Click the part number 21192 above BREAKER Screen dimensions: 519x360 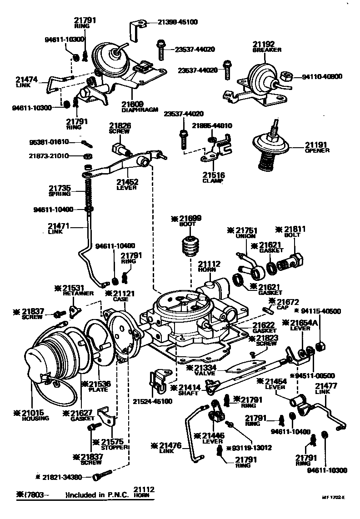pos(264,44)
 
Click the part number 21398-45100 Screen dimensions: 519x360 pos(178,21)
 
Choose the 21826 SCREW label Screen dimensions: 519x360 pos(119,128)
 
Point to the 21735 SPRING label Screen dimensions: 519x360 pos(60,190)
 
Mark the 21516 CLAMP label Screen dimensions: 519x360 pos(213,177)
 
